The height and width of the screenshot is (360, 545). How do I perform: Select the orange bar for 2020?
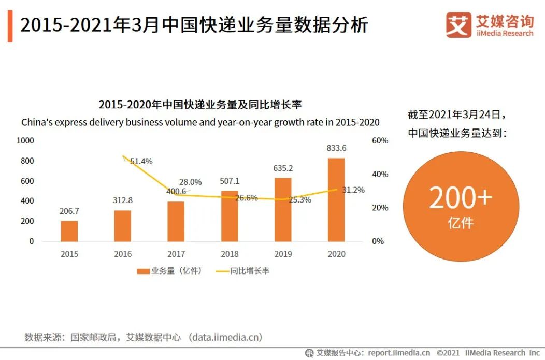[336, 199]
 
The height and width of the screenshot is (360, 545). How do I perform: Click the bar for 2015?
[69, 231]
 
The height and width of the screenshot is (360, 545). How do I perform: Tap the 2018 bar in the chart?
[230, 216]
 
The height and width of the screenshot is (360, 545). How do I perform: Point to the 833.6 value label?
[336, 148]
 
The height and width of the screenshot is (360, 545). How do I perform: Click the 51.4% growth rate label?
[141, 161]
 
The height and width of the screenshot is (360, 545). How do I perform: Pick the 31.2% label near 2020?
[353, 190]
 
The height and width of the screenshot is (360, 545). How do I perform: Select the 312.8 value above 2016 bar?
[123, 200]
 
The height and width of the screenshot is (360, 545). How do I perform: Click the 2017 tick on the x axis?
[176, 254]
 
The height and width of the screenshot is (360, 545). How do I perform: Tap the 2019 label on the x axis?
[283, 254]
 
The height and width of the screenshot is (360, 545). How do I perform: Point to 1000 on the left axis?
[25, 140]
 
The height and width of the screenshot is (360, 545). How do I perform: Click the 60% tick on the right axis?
[380, 140]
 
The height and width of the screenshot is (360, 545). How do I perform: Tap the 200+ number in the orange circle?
[460, 198]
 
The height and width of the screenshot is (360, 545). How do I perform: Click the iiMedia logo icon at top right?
[458, 25]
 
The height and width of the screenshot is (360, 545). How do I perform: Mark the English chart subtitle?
[200, 123]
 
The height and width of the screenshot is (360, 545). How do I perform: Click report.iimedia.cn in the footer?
[399, 353]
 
